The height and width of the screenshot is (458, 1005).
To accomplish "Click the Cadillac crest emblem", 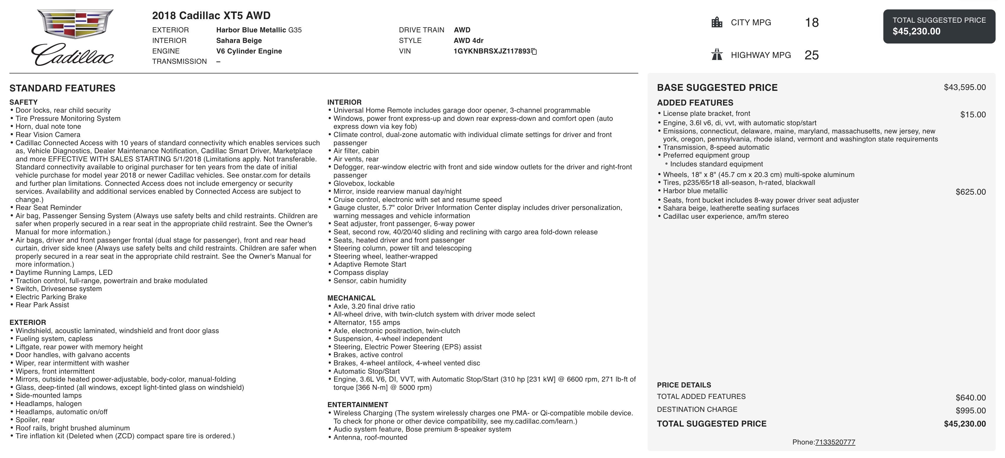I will coord(75,24).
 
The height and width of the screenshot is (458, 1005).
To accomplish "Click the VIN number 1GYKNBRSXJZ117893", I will coord(492,51).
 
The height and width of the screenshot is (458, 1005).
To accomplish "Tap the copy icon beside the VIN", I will coord(535,51).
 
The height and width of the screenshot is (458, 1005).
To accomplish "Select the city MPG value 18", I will coord(811,23).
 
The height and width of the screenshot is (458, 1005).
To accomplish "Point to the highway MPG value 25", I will coord(811,55).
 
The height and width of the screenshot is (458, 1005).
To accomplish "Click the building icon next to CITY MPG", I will coord(717,22).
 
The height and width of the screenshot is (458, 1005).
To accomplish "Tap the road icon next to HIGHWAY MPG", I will coord(717,55).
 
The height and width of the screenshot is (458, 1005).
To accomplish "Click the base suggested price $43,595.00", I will coord(964,87).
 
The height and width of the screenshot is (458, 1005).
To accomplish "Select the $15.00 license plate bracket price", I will coord(973,115).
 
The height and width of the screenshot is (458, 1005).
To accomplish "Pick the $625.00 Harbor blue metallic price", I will coord(970,192).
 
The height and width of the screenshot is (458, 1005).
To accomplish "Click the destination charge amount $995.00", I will coord(970,411).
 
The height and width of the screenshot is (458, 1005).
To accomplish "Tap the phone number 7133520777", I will coord(835,442).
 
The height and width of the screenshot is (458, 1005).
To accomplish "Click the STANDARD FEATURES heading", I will coord(62,88).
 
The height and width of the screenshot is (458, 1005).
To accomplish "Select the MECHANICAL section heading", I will coord(351,298).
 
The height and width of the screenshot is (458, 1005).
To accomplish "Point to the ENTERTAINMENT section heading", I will coord(357,404).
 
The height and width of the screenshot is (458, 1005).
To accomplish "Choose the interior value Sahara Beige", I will coord(239,41).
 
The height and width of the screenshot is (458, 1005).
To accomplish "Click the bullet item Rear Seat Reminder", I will coord(48,208).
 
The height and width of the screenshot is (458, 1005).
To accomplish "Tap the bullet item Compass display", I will coord(361,272).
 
